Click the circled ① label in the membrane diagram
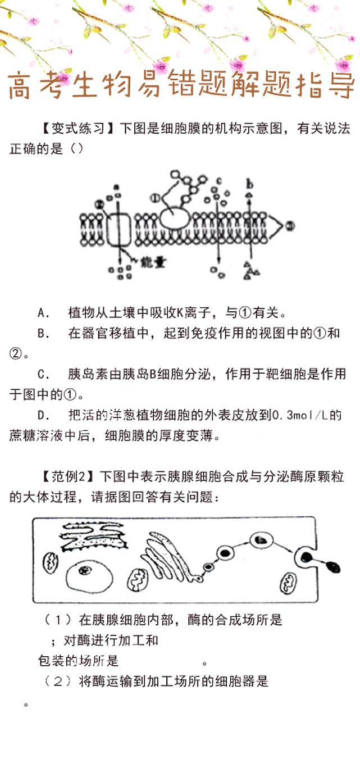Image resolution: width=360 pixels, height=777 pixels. tap(154, 198)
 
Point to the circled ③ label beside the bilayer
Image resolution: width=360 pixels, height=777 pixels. tap(290, 226)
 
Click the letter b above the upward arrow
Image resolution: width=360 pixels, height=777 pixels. tap(249, 184)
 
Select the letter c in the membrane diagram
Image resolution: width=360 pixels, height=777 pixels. tap(218, 181)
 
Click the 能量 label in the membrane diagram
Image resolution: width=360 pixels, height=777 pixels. tap(152, 262)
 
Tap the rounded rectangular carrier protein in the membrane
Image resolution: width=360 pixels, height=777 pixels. tap(119, 230)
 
